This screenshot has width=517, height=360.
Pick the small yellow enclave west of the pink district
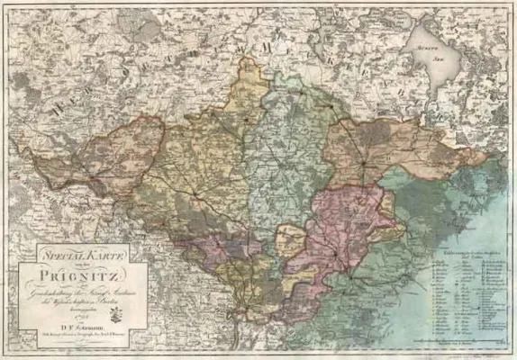click(x=291, y=240)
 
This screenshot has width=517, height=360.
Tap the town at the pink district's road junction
click(x=336, y=254)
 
